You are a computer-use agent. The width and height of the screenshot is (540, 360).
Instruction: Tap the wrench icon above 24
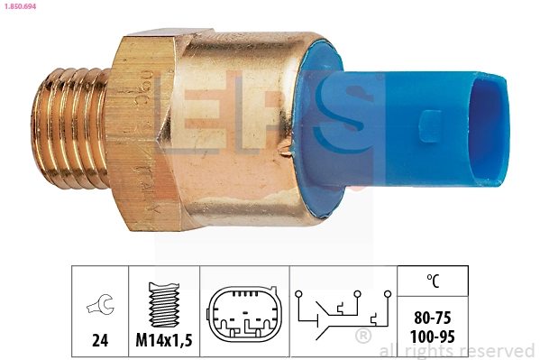tap(99, 307)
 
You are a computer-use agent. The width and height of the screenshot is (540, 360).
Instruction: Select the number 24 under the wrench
tap(99, 340)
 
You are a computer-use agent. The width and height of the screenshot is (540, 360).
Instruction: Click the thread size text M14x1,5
tap(162, 340)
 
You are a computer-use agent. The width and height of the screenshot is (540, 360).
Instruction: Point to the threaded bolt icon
tap(162, 302)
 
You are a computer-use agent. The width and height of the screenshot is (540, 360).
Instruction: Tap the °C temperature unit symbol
tap(433, 282)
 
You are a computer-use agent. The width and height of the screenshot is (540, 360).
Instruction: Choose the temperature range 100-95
tap(433, 336)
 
